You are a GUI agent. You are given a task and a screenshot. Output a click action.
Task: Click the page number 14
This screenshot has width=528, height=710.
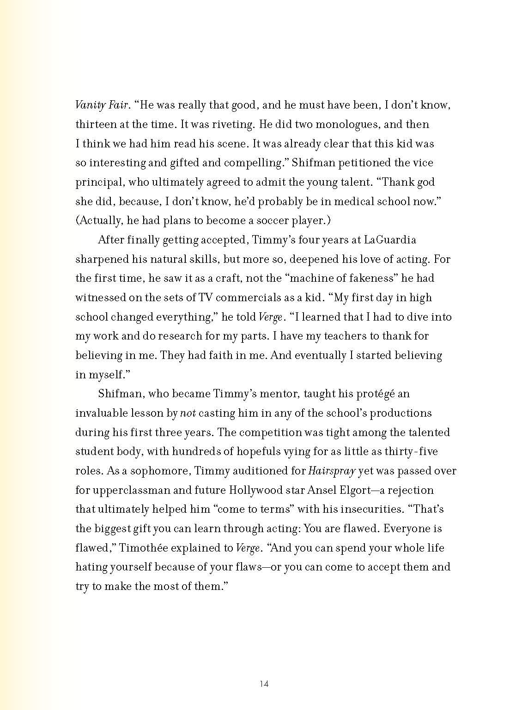click(x=264, y=684)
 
